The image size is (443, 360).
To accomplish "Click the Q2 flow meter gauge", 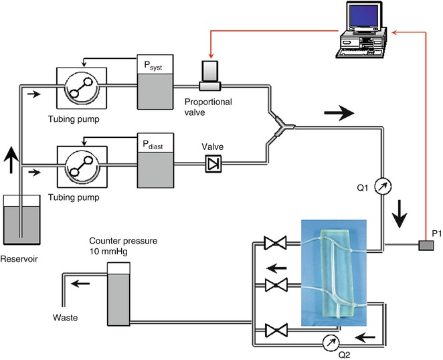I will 329,342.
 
